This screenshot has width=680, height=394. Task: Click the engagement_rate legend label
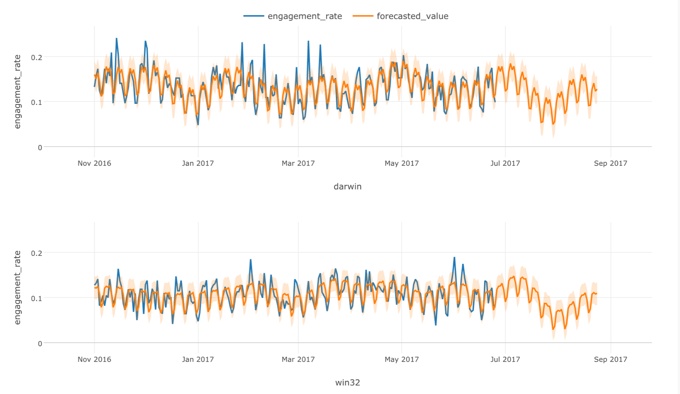304,16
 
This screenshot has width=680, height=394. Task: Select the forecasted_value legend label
412,16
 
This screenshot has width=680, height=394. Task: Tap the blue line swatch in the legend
253,16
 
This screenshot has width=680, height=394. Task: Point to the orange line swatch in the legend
363,16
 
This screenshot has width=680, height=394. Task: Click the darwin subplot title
347,186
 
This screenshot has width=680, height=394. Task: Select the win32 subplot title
347,382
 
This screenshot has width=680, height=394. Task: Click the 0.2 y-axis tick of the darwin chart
37,57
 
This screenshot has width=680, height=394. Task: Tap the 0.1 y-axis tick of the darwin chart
37,102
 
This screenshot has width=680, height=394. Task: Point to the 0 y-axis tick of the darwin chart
40,147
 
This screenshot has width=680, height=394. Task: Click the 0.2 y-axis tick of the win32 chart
37,253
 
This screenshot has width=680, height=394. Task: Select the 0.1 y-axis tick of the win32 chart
37,298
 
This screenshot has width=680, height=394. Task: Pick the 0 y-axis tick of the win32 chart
40,343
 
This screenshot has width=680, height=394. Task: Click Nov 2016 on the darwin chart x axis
94,163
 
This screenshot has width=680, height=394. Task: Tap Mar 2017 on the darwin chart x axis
298,163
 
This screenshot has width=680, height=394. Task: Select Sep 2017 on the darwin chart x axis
610,163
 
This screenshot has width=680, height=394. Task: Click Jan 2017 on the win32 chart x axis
198,359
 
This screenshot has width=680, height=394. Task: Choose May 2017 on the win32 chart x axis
402,359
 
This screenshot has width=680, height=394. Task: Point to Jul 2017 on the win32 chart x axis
505,359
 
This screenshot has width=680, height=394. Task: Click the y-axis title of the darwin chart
17,92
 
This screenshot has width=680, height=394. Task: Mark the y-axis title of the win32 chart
17,288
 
